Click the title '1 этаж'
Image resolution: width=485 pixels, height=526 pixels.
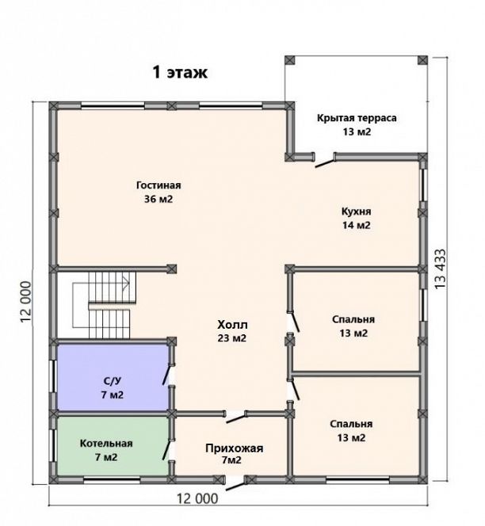point(180,72)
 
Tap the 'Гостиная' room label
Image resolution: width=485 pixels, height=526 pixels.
point(158,185)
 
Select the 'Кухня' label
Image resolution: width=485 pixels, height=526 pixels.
point(356,212)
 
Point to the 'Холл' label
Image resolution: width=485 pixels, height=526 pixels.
point(232,325)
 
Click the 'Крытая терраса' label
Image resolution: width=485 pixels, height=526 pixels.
point(357,118)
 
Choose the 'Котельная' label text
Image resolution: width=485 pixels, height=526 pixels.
point(106,444)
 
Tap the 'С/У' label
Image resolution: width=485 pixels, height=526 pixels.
point(112,381)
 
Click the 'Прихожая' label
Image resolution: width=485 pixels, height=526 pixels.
point(235,448)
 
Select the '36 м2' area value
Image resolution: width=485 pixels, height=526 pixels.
point(158,199)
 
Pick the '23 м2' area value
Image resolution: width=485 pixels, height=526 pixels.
point(232,338)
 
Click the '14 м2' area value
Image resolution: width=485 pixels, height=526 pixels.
point(356,225)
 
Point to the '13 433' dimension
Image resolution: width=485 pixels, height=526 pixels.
point(441,269)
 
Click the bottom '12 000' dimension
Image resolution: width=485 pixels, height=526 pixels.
point(197,499)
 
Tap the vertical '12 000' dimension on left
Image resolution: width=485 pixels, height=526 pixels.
point(26,302)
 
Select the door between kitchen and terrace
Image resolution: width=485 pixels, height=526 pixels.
point(326,162)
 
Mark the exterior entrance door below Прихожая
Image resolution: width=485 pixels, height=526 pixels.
point(236,484)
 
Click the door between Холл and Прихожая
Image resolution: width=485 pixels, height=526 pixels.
point(236,417)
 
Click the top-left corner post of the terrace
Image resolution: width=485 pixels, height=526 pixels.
point(290,60)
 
